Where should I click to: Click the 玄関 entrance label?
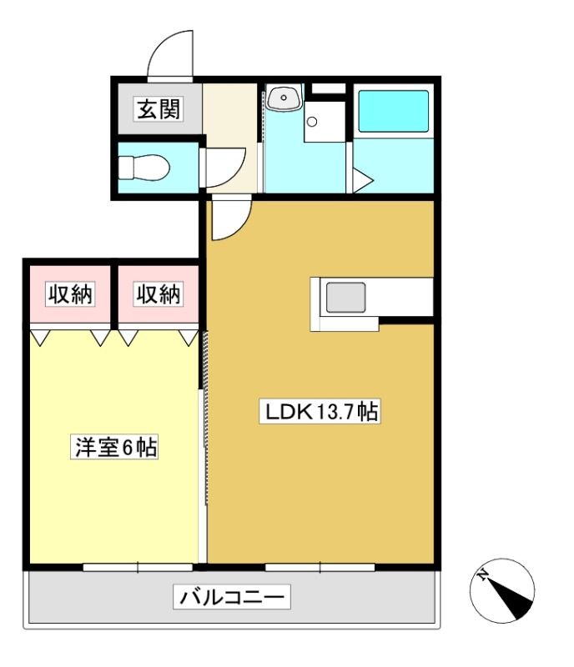pyautogui.click(x=159, y=109)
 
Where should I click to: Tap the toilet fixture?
pyautogui.click(x=143, y=168)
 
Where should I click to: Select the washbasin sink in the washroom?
pyautogui.click(x=284, y=98)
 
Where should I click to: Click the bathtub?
pyautogui.click(x=394, y=111)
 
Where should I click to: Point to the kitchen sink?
pyautogui.click(x=345, y=298)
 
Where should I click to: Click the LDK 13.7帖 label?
pyautogui.click(x=320, y=411)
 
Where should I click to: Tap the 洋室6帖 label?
pyautogui.click(x=114, y=447)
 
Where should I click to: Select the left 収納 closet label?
pyautogui.click(x=70, y=294)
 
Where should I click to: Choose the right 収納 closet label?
pyautogui.click(x=159, y=294)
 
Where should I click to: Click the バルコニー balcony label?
pyautogui.click(x=232, y=597)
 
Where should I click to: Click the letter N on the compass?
pyautogui.click(x=482, y=576)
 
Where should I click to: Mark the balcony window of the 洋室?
pyautogui.click(x=138, y=567)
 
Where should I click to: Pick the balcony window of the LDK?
pyautogui.click(x=320, y=567)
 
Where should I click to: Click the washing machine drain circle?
pyautogui.click(x=312, y=122)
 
